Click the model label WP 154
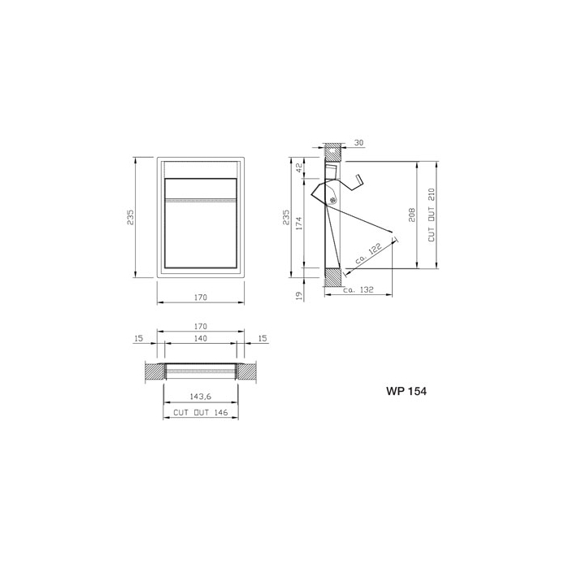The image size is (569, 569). click(406, 391)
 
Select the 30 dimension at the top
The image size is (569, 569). click(358, 143)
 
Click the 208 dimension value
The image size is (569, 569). click(412, 215)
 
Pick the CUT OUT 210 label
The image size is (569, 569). click(432, 215)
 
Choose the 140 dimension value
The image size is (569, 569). click(200, 337)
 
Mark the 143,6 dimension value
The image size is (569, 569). click(200, 397)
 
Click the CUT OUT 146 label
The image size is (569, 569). click(200, 413)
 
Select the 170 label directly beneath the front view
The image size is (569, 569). click(200, 298)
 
